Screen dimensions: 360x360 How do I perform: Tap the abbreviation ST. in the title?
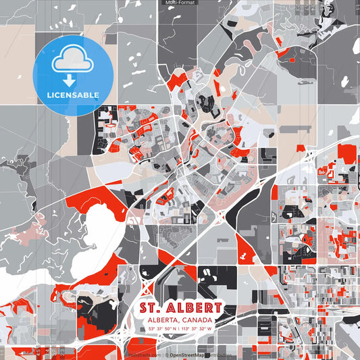click(x=152, y=308)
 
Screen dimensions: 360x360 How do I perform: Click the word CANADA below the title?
click(x=196, y=319)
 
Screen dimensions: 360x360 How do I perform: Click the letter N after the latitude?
click(x=174, y=329)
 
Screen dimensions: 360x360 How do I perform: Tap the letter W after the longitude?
click(x=209, y=329)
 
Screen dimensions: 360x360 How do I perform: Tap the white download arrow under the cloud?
click(x=68, y=80)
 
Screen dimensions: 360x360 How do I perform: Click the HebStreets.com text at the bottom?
click(x=144, y=355)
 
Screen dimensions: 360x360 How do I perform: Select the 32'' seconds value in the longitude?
click(x=203, y=329)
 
